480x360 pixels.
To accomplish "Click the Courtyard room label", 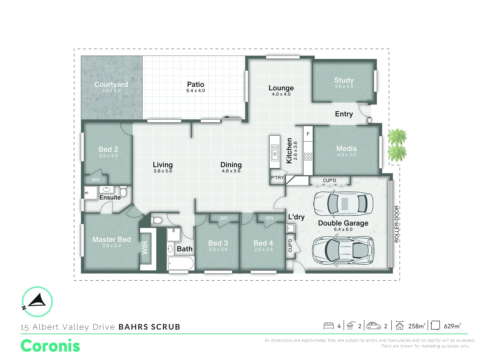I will point(111,84).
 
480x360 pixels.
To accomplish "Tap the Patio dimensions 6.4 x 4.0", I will point(196,91).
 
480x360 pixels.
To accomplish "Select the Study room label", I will point(344,80).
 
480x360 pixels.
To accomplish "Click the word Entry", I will point(344,114).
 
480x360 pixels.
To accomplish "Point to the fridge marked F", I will point(308,134).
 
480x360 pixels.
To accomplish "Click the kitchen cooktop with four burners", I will point(308,156).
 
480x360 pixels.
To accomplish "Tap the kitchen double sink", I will point(275,153).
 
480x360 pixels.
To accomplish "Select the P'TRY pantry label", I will point(277,178).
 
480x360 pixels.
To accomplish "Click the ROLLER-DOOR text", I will point(397,224).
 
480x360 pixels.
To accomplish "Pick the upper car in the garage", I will point(343,204).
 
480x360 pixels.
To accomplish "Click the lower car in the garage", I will point(343,251).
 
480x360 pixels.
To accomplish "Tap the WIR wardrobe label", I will point(145,248).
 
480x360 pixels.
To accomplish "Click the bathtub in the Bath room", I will point(181,264).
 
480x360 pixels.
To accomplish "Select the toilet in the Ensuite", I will point(123,192).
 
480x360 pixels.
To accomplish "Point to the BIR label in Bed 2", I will point(96,180).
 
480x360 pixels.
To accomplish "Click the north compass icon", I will point(37,302).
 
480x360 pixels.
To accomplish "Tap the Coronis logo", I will point(50,346).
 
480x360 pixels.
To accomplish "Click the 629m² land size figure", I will point(452,326).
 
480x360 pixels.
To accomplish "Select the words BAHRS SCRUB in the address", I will point(149,327).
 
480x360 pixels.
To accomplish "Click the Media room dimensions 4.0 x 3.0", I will point(346,155).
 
